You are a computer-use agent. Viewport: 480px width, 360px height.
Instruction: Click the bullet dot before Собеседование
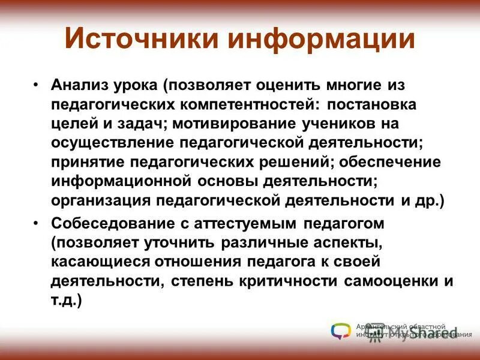37,224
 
